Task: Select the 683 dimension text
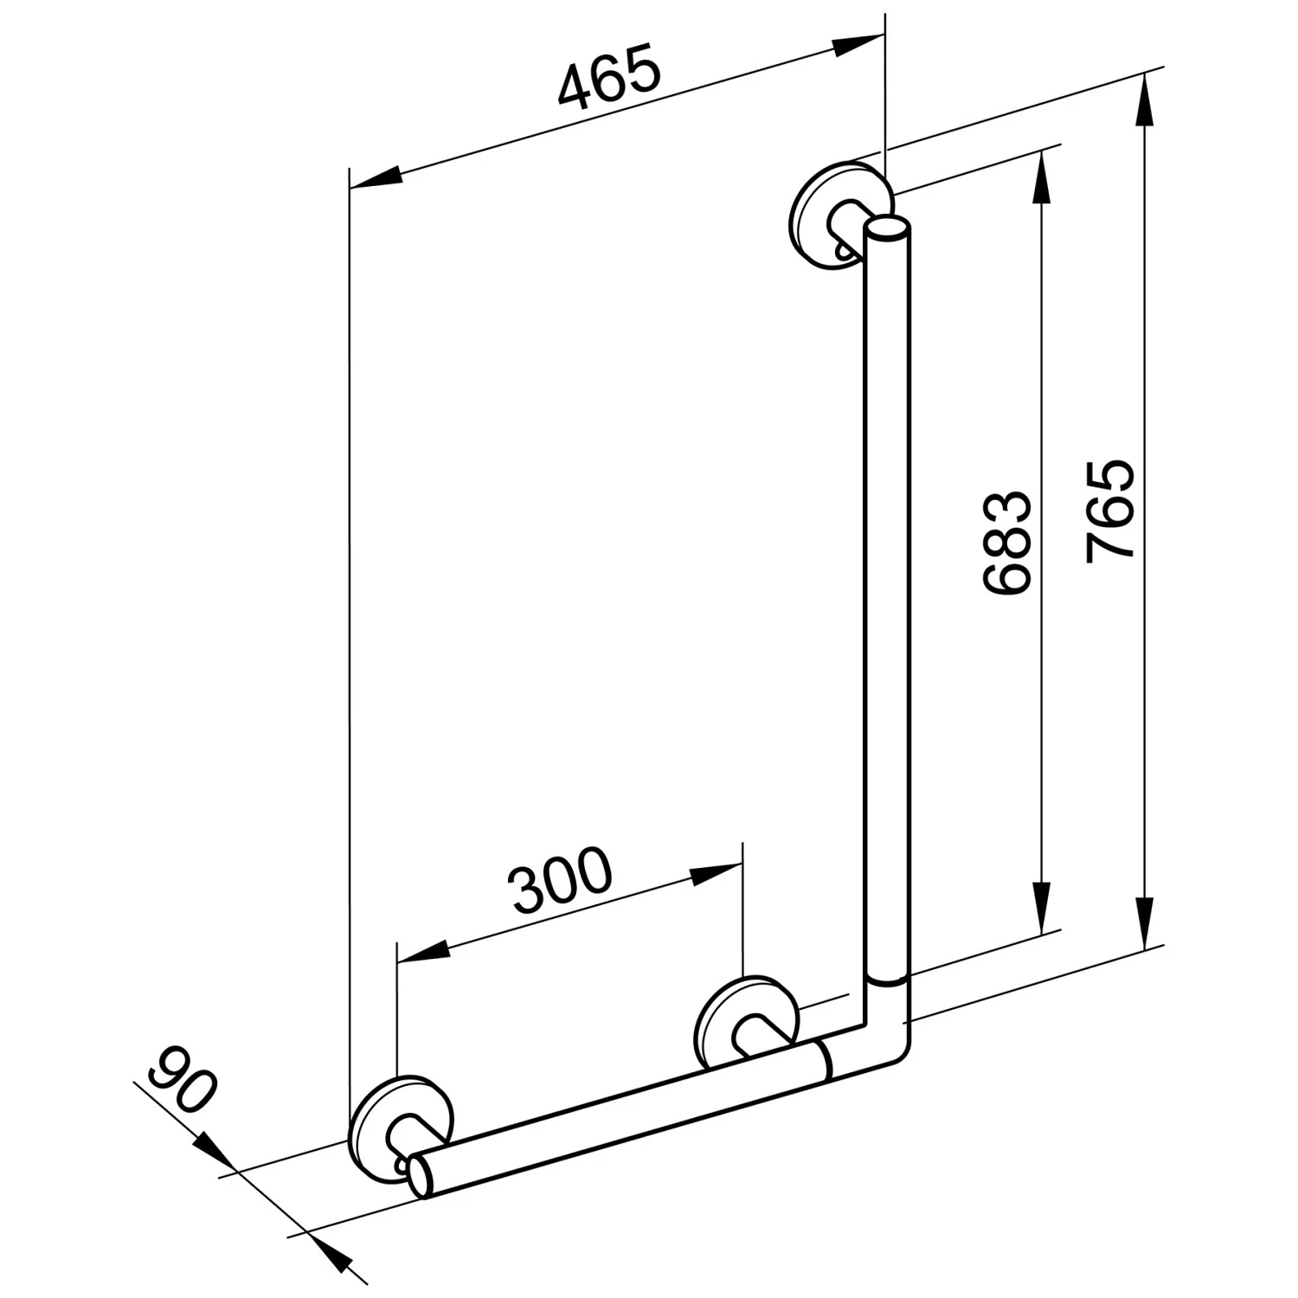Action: click(x=1006, y=543)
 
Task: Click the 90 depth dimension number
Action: click(x=181, y=1079)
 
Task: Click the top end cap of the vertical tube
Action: click(x=887, y=229)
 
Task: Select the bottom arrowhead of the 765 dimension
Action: click(x=1145, y=922)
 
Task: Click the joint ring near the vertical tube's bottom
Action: click(x=887, y=983)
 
